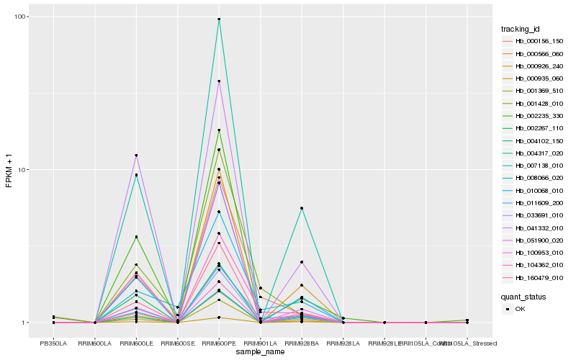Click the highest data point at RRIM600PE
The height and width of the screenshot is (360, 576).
219,19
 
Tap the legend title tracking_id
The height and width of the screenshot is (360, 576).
520,29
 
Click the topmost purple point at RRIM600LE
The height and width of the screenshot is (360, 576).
136,156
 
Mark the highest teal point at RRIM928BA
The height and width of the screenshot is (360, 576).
302,208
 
